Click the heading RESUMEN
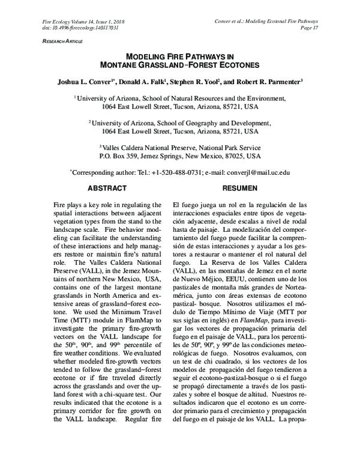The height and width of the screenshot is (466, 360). (x=240, y=188)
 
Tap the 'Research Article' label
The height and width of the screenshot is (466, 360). (x=61, y=41)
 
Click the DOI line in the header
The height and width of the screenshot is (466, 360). (x=80, y=28)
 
